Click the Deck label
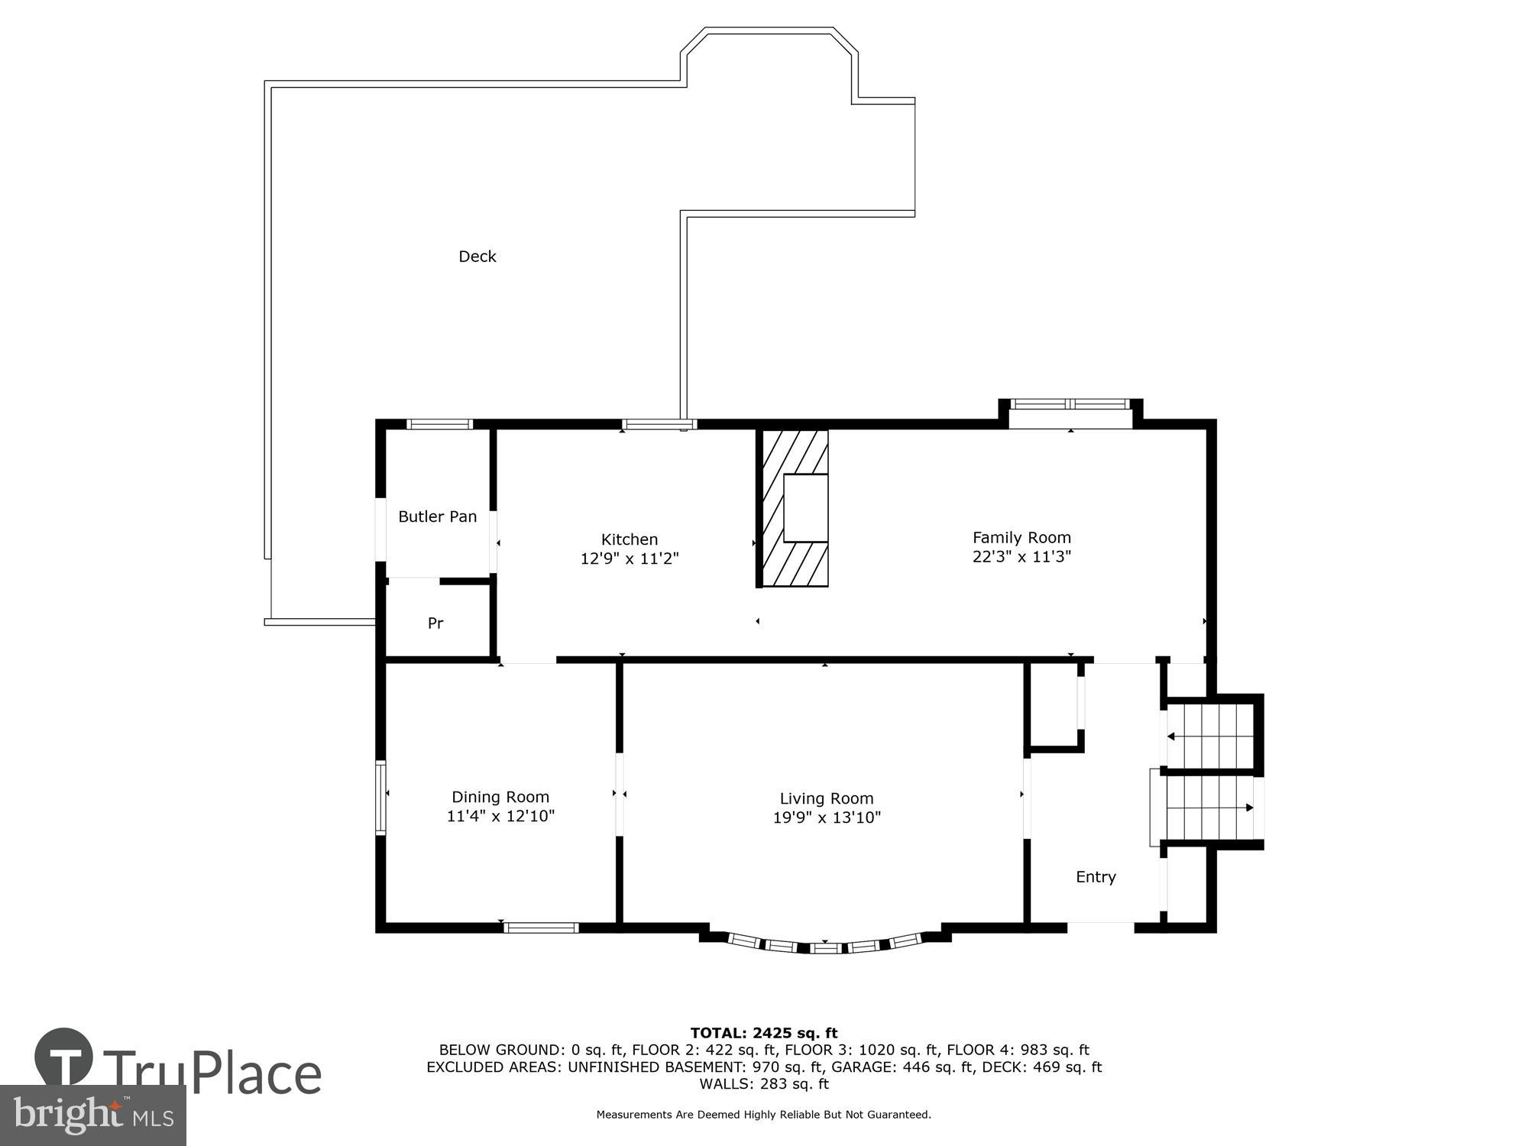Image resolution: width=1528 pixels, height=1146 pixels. tap(477, 257)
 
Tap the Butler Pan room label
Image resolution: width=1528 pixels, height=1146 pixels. tap(437, 516)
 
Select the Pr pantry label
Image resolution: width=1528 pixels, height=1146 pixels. tap(435, 623)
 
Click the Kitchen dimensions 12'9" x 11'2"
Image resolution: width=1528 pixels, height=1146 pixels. tap(630, 558)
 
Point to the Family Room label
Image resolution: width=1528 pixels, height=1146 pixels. tap(1021, 537)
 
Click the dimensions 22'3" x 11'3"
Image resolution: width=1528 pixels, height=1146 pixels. tap(1021, 557)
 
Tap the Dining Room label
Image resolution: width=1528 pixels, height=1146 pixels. tap(500, 797)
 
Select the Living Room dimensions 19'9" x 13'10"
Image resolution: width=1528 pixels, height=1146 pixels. tap(827, 817)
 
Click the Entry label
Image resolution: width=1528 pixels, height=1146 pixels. tap(1096, 877)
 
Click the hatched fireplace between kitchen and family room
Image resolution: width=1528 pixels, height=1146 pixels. tap(795, 508)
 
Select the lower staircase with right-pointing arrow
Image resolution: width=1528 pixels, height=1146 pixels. tap(1207, 808)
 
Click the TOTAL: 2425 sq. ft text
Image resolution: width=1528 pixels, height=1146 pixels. tap(764, 1034)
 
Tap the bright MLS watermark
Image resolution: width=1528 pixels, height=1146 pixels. tap(93, 1115)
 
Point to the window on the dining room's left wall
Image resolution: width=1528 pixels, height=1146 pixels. tap(380, 797)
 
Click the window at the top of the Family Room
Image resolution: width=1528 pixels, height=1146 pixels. tap(1070, 405)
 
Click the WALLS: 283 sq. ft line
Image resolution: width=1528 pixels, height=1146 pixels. tap(764, 1083)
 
